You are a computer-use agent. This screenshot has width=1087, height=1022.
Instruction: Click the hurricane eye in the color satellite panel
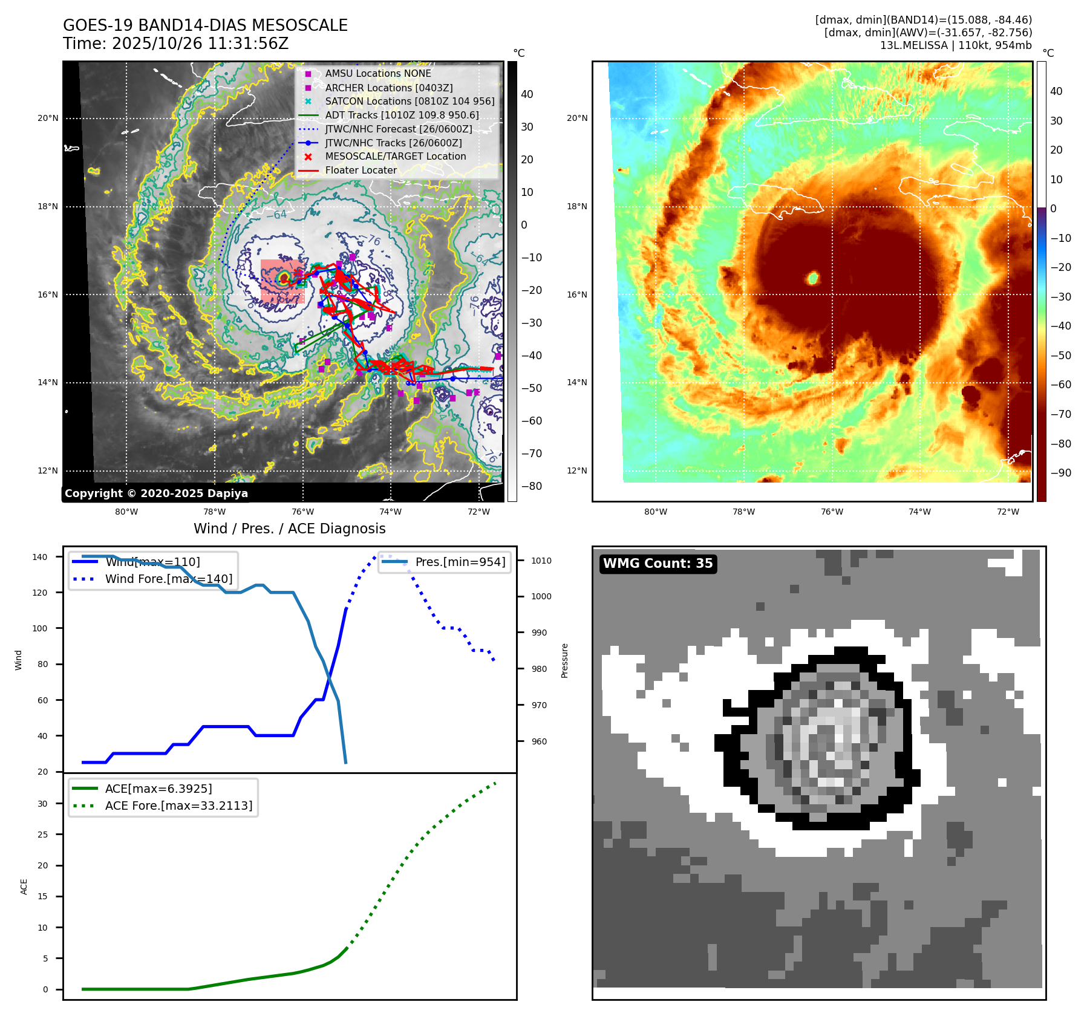813,278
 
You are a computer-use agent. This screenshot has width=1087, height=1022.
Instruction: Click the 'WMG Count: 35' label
658,564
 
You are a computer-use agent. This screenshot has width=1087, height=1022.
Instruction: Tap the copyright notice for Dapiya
156,493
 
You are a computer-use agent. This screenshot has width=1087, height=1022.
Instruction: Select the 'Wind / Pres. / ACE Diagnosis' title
289,529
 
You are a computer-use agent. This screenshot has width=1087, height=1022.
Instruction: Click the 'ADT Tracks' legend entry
402,115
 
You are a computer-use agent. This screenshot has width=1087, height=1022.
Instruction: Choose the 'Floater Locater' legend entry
361,170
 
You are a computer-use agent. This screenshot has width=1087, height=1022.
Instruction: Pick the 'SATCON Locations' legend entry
410,101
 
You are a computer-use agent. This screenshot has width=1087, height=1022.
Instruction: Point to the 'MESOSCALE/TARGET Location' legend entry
396,156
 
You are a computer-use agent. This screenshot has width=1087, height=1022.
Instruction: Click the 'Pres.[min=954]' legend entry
460,562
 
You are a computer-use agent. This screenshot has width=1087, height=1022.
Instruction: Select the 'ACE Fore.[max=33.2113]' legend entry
178,806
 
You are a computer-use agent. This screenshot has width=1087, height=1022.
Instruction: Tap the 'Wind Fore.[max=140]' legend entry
168,579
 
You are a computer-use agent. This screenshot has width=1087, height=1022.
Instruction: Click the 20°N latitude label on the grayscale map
48,118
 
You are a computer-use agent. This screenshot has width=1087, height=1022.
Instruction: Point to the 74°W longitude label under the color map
919,512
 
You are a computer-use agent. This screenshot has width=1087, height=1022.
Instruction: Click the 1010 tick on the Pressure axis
541,561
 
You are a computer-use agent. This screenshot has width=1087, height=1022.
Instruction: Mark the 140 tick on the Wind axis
40,557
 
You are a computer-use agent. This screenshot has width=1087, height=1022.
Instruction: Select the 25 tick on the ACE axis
42,835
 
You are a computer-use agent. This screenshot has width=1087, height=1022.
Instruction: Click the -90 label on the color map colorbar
1060,473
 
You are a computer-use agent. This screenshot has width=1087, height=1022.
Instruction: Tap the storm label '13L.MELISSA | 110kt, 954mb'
956,45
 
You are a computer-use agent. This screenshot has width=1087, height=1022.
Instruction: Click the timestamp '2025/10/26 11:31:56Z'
200,44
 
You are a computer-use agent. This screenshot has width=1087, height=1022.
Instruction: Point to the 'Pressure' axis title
564,660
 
